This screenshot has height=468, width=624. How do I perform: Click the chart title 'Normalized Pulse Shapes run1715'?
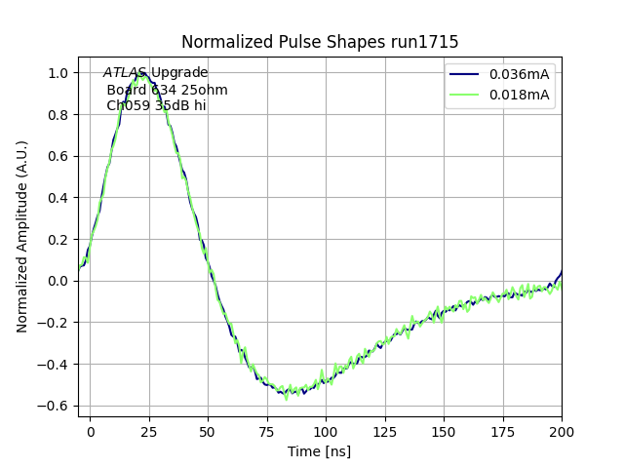320,42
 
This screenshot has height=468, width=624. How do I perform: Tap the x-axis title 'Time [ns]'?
320,451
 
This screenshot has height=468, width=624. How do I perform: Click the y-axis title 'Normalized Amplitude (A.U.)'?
22,237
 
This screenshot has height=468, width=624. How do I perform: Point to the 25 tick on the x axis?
149,430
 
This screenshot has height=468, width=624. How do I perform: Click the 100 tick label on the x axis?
326,430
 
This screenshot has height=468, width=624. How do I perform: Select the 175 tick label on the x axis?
503,430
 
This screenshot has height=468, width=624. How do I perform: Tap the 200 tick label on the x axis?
562,430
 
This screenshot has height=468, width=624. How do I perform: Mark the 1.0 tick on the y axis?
58,73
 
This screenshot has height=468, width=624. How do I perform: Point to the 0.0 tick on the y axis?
58,281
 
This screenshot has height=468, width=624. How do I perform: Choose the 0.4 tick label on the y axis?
58,198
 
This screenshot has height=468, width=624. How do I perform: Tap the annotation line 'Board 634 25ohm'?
167,90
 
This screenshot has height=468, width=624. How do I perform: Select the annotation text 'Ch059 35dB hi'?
156,106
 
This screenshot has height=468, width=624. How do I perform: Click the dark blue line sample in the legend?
467,74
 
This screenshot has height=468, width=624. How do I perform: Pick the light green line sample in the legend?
467,95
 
